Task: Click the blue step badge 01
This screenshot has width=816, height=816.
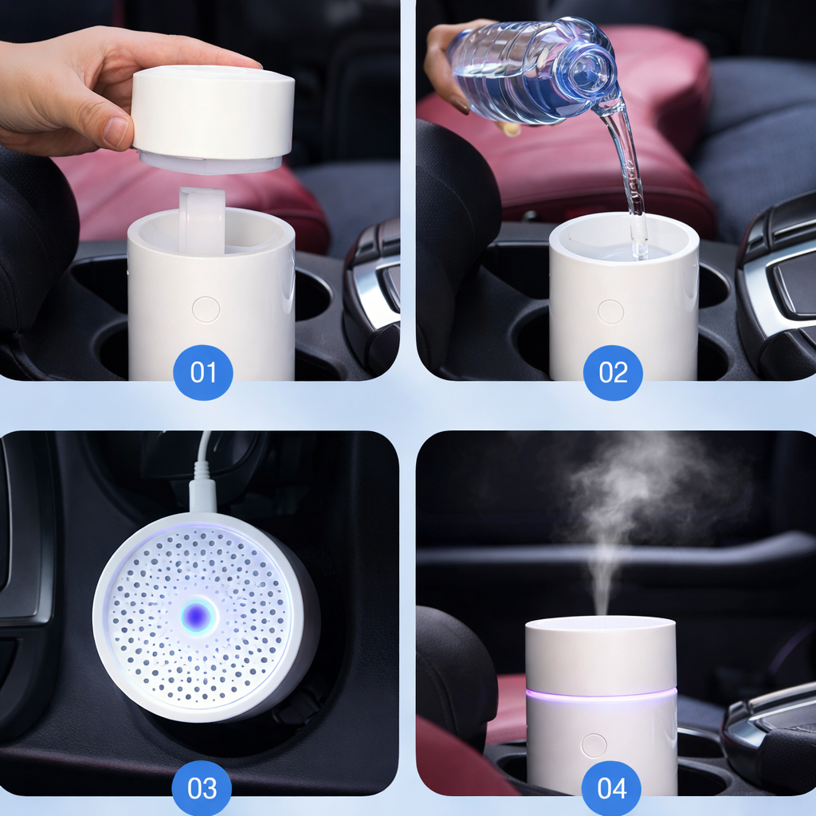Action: (202, 372)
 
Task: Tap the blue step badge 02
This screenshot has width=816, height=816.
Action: (612, 372)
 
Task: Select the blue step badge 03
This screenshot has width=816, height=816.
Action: (202, 788)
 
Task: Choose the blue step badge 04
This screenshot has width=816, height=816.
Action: (612, 788)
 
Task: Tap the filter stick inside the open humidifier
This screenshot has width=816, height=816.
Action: (202, 219)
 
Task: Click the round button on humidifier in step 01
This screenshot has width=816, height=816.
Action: (206, 309)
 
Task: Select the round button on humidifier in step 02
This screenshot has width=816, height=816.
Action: (610, 312)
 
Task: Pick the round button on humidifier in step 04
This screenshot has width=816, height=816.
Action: (594, 745)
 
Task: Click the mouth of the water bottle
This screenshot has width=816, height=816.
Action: (597, 75)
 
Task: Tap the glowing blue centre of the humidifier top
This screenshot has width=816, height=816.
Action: (197, 615)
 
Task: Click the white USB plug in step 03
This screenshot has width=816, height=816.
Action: (202, 490)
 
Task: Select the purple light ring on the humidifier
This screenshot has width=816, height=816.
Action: (601, 694)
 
